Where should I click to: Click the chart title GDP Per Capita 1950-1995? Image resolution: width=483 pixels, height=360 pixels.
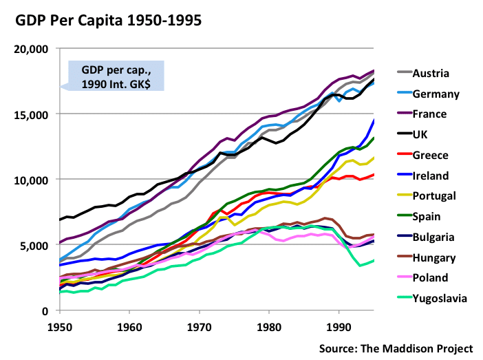click(109, 21)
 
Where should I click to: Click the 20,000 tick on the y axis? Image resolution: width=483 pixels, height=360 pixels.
click(30, 49)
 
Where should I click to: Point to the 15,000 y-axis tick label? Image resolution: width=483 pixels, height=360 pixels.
click(30, 114)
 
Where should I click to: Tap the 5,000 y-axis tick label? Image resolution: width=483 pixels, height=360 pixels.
click(33, 245)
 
